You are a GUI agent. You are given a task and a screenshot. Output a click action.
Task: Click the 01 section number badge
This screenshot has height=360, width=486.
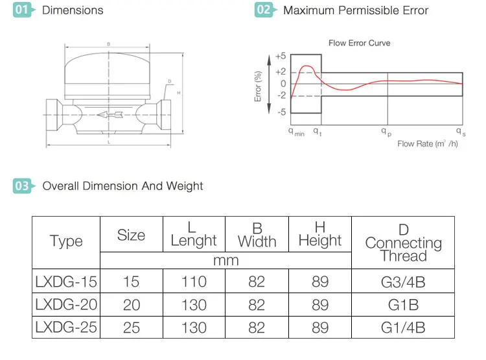23,10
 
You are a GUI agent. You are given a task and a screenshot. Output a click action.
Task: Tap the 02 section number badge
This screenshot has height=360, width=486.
264,10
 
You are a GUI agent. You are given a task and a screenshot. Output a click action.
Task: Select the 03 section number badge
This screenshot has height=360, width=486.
23,186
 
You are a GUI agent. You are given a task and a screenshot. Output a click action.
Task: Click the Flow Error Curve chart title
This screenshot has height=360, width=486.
359,43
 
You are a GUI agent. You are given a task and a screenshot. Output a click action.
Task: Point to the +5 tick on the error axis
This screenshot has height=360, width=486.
281,56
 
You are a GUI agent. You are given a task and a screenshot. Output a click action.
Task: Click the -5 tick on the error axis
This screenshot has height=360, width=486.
282,112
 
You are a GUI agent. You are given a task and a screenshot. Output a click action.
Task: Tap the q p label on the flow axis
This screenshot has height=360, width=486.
386,131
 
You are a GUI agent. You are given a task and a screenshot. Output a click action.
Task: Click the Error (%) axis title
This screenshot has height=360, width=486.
258,86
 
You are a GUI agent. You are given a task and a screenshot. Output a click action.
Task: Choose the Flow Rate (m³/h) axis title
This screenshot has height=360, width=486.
428,143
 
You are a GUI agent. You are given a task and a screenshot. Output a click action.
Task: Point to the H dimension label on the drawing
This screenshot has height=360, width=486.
178,93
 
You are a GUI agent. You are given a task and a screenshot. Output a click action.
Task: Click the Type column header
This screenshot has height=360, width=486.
66,241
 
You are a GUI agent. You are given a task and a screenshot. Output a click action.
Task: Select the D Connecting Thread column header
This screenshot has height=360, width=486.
403,242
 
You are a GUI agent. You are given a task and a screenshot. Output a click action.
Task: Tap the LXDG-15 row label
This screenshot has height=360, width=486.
66,282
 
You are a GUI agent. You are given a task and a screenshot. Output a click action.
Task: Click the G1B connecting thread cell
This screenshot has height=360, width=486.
403,305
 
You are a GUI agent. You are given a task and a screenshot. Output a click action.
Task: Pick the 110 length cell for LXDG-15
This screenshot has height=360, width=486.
194,282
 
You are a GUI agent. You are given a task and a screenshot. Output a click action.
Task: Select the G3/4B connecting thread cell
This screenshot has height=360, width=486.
403,282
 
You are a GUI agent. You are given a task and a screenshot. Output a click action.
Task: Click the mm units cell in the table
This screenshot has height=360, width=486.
226,260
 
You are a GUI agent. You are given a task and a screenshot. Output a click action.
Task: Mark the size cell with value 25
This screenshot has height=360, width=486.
131,328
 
